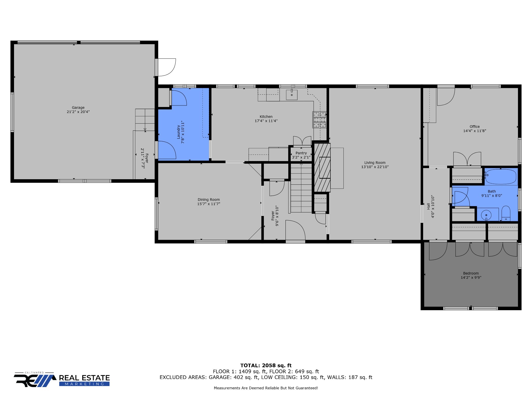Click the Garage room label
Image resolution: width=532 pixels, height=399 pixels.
tap(78, 108)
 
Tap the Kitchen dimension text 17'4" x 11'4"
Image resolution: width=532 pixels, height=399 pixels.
tap(266, 121)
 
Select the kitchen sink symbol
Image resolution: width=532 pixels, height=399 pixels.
tap(292, 95)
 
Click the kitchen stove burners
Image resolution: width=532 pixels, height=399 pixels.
tap(319, 120)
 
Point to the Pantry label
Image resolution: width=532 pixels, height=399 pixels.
tap(301, 153)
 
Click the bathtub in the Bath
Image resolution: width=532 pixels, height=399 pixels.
tap(501, 177)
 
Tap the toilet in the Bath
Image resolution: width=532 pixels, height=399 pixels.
tap(506, 213)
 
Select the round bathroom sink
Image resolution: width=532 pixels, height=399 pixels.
tap(486, 215)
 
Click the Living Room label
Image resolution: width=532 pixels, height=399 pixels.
tap(375, 163)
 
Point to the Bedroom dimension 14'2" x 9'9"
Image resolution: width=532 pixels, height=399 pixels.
tap(471, 277)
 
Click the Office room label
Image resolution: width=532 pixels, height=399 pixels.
tap(474, 127)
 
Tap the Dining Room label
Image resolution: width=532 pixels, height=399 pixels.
tap(209, 199)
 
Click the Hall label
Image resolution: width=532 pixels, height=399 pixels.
tap(428, 206)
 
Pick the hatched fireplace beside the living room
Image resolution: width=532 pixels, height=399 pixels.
tap(322, 168)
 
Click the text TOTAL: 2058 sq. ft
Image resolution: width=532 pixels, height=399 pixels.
tap(266, 365)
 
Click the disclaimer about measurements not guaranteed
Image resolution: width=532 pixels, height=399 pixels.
tap(266, 388)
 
